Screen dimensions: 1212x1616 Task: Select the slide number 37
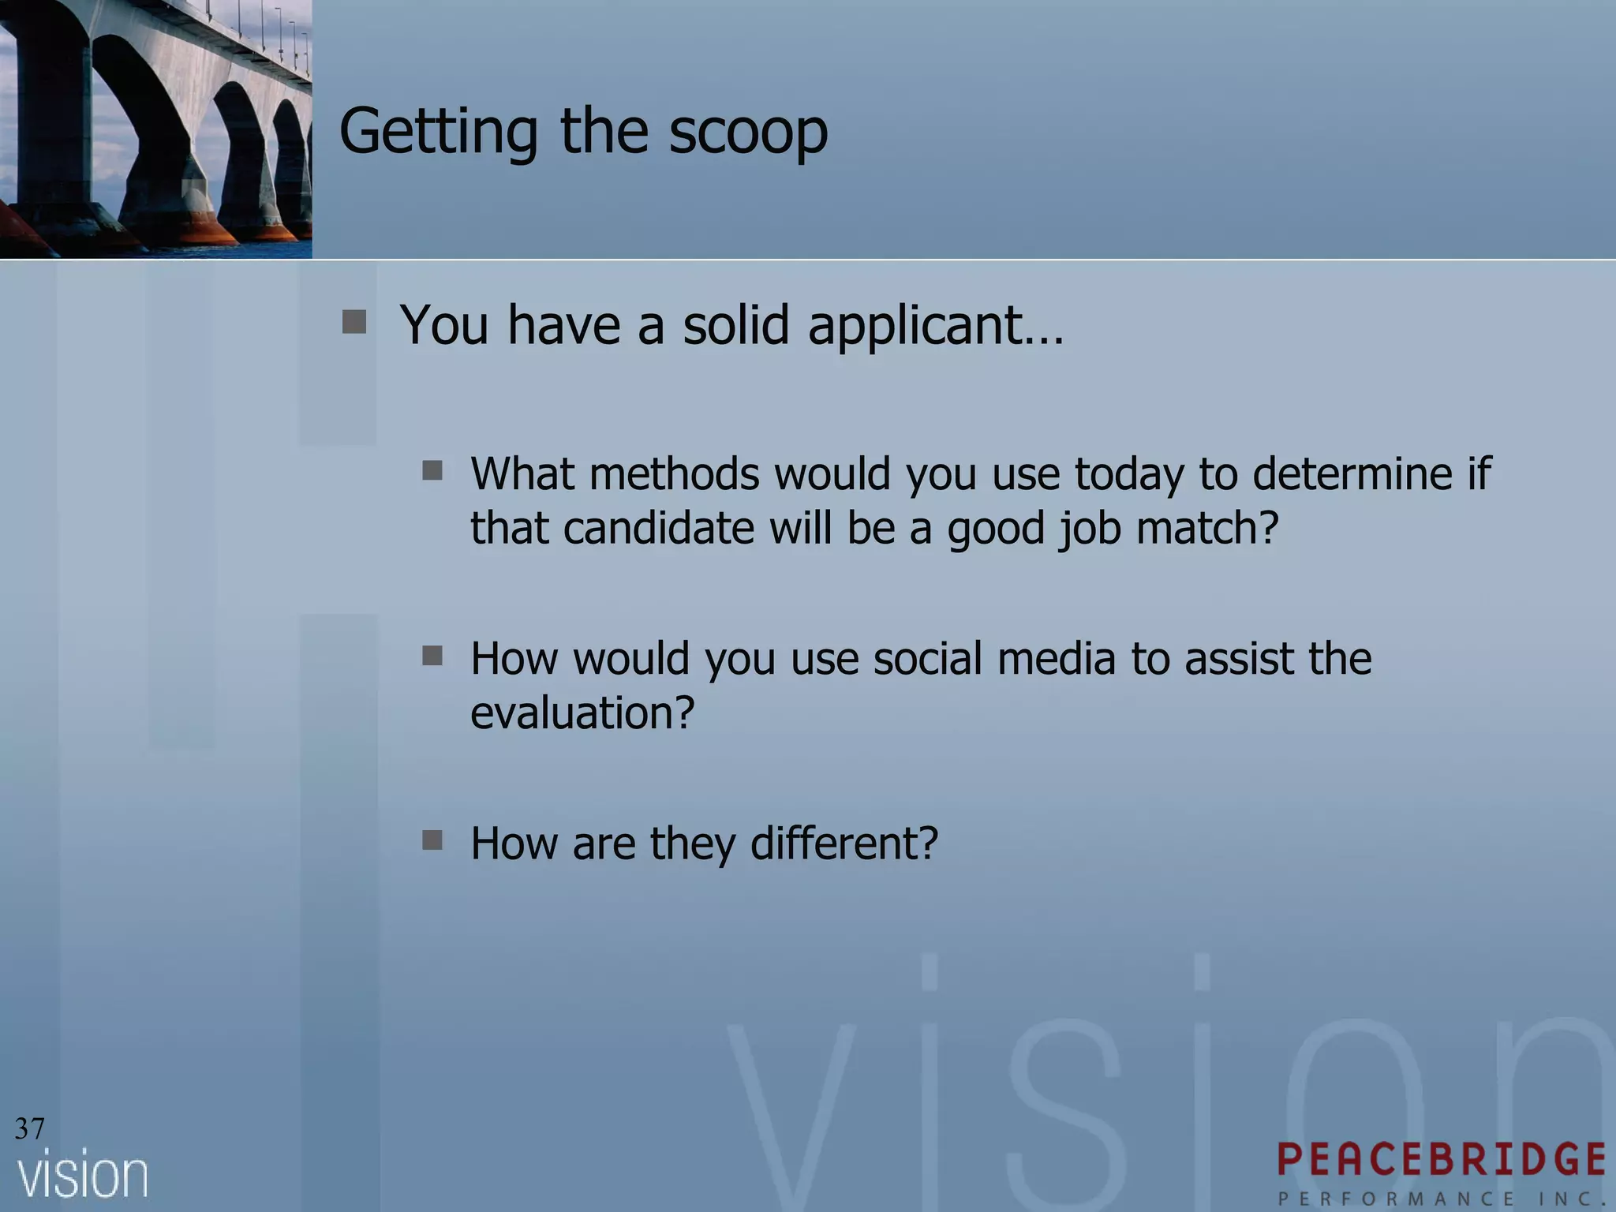pyautogui.click(x=30, y=1128)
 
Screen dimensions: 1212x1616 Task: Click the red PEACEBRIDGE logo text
pyautogui.click(x=1442, y=1159)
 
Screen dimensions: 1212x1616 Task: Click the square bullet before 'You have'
pyautogui.click(x=354, y=322)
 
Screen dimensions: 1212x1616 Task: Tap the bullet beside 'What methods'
pyautogui.click(x=432, y=471)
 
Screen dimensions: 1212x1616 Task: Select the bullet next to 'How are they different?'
pyautogui.click(x=432, y=840)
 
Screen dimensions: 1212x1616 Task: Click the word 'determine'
pyautogui.click(x=1352, y=473)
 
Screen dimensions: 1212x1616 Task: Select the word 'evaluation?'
pyautogui.click(x=582, y=713)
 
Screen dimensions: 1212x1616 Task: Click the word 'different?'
pyautogui.click(x=844, y=843)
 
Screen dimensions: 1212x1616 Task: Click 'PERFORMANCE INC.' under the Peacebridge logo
pyautogui.click(x=1442, y=1198)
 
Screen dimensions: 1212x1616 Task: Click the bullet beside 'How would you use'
pyautogui.click(x=432, y=656)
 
